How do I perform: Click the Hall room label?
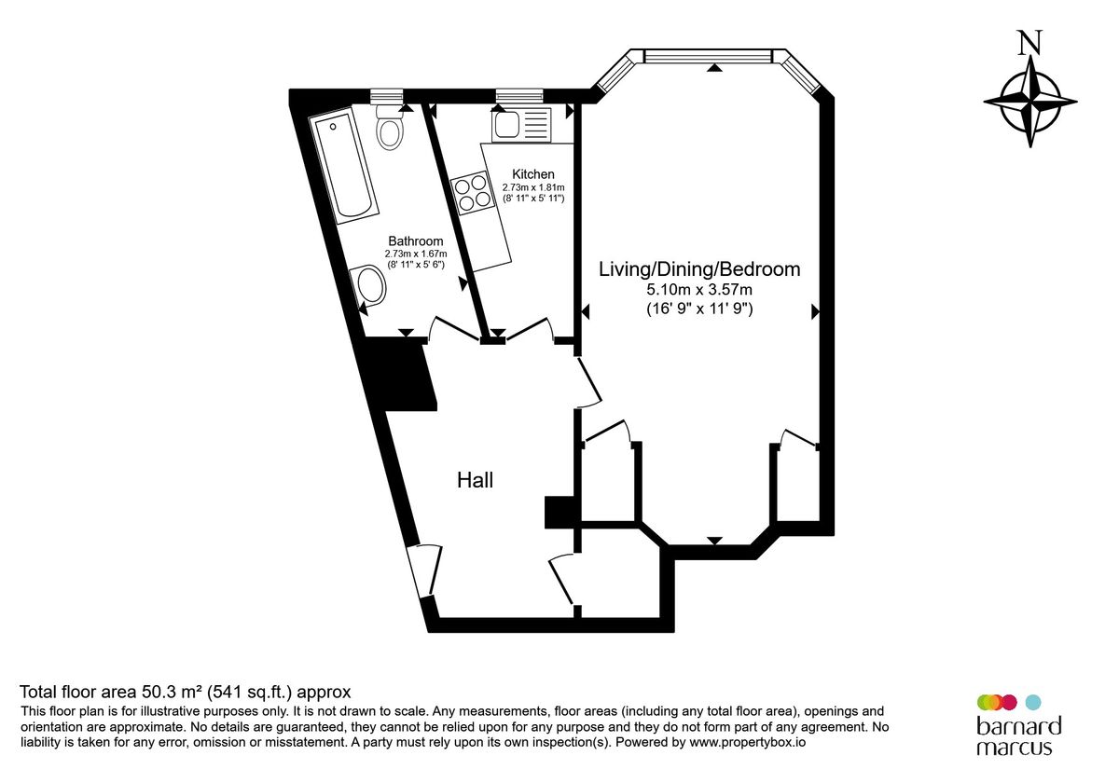(x=475, y=480)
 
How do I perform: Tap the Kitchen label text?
(x=533, y=174)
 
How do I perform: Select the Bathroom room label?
(x=416, y=241)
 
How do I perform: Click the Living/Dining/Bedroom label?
(x=699, y=269)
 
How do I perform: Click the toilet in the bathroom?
(x=389, y=128)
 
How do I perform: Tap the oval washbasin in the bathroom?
(x=368, y=285)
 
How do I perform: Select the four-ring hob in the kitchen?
(x=471, y=193)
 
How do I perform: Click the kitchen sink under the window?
(x=521, y=125)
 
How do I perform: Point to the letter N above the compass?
(x=1029, y=43)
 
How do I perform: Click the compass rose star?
(x=1030, y=102)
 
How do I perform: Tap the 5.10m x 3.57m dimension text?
(x=699, y=290)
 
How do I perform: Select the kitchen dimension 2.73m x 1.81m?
(x=533, y=187)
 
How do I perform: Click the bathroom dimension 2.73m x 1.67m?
(x=416, y=254)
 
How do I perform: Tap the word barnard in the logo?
(x=1019, y=726)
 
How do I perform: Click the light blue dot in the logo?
(x=1033, y=703)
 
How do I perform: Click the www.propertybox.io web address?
(x=747, y=742)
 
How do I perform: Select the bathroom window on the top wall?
(x=386, y=96)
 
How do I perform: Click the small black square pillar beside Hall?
(x=559, y=512)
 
